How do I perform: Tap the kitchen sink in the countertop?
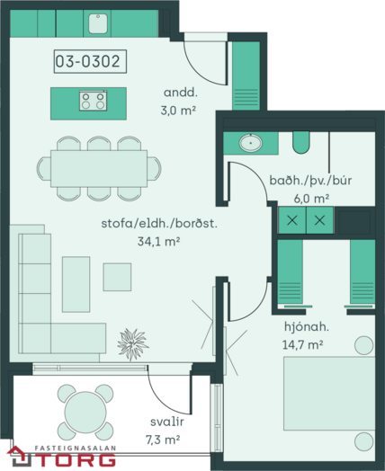click(98, 23)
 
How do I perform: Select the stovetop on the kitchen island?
click(94, 101)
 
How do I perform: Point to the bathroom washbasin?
click(250, 143)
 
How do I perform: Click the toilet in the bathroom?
click(300, 142)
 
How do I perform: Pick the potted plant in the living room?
click(132, 344)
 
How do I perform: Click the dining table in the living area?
click(99, 168)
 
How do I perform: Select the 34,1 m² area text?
click(158, 241)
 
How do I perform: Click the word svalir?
click(167, 422)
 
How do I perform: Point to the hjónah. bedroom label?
click(307, 326)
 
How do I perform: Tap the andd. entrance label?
click(181, 93)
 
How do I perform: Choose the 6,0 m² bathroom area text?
click(311, 199)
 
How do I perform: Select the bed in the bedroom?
click(329, 394)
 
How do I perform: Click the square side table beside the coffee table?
click(117, 277)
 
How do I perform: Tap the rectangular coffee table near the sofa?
click(76, 284)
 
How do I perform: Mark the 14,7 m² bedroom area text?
click(302, 344)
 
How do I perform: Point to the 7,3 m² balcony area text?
click(163, 440)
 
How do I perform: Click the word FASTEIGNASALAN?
click(76, 449)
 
